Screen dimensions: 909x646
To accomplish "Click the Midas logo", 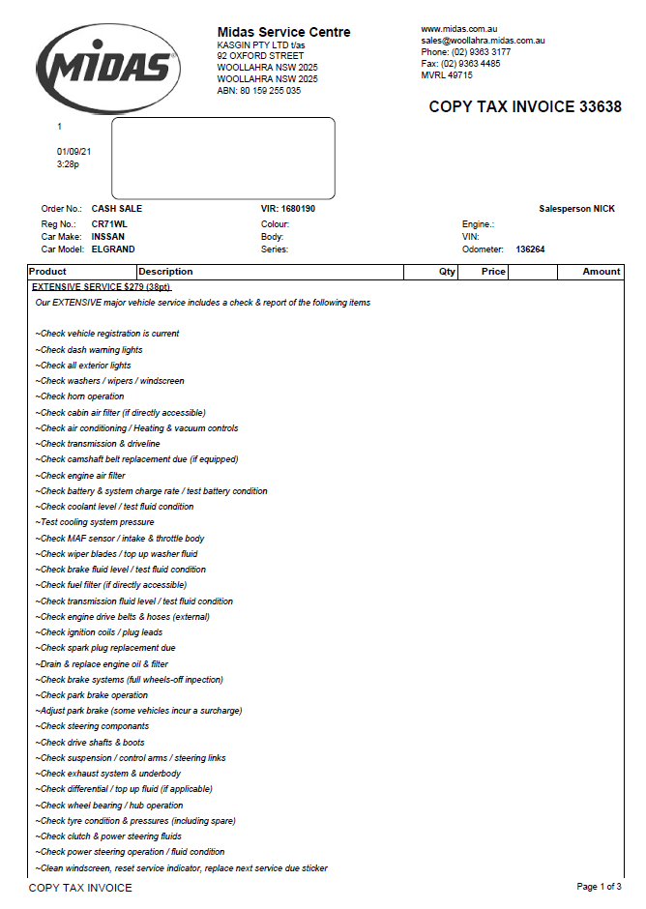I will (x=106, y=67).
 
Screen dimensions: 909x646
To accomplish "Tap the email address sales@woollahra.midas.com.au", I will (x=483, y=41).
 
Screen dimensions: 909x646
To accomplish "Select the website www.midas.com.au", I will (x=458, y=30).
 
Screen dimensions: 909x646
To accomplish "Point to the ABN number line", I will (x=258, y=91).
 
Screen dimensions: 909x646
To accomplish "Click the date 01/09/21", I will (x=73, y=151).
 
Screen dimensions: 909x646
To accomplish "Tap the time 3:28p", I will (x=68, y=164).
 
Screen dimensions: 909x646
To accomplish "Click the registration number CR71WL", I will (x=109, y=223).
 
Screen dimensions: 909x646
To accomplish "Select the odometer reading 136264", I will (x=530, y=249).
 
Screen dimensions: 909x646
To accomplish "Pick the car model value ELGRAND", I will (x=113, y=249).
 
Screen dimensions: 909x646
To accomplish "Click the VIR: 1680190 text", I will (x=288, y=209).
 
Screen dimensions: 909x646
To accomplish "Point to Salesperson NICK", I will (x=576, y=209).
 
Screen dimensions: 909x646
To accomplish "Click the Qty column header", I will (x=447, y=272).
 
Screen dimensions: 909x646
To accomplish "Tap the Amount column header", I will (x=601, y=272).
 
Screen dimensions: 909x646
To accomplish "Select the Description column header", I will (x=165, y=272).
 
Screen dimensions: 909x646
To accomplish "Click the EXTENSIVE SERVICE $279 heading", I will (x=101, y=287).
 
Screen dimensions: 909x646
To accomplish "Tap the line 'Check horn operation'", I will (x=81, y=396).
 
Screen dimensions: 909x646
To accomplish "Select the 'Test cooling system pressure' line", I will (x=95, y=522).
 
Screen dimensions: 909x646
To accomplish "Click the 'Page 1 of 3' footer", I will (x=599, y=887).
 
